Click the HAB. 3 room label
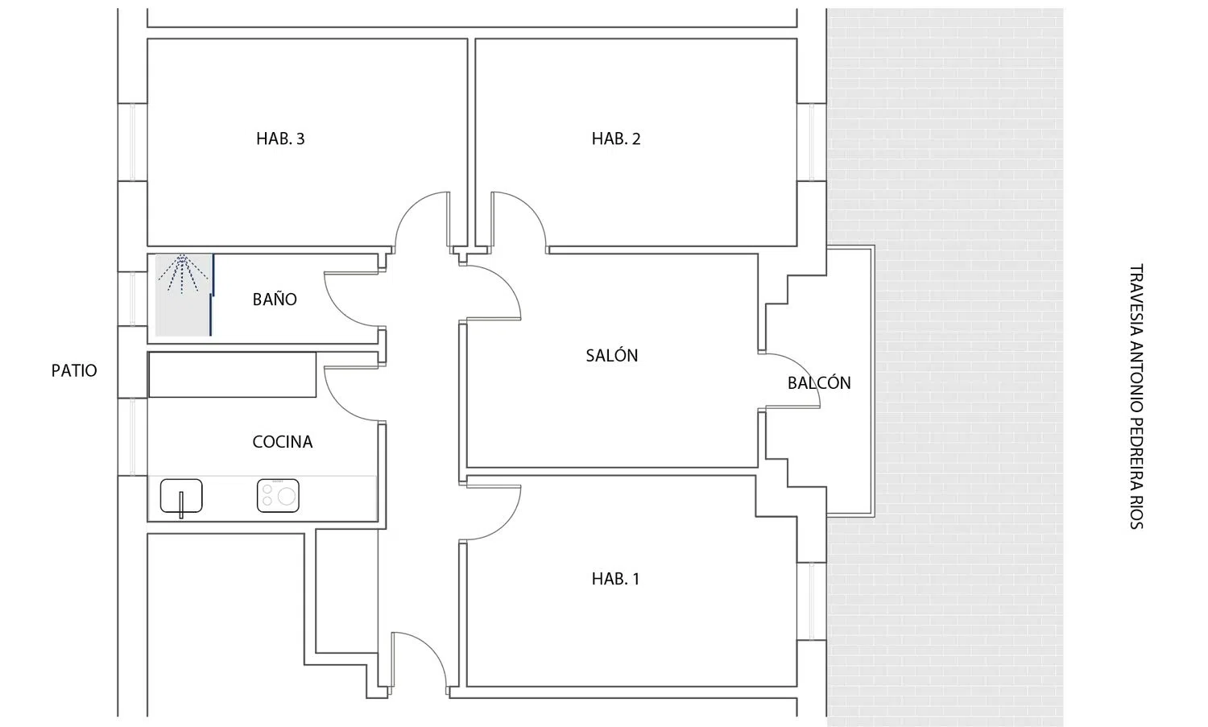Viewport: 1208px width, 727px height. pos(280,138)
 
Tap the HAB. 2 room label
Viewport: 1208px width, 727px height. pos(616,138)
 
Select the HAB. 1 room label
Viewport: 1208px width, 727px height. pos(615,579)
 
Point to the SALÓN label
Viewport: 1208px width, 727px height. pos(611,355)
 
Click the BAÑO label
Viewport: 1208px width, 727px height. pos(275,299)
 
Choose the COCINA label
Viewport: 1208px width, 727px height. pos(282,442)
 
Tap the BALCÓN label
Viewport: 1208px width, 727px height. pos(819,382)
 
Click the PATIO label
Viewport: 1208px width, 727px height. pos(74,370)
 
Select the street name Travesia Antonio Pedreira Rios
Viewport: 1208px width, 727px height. pos(1136,396)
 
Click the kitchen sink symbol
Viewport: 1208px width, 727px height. pos(181,496)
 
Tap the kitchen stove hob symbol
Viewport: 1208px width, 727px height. pos(278,496)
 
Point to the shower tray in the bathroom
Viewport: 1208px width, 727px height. pos(183,295)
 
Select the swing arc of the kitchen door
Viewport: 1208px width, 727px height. pos(339,403)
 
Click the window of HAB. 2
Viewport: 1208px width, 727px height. pos(812,142)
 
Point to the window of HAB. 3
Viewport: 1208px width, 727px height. pos(133,142)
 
